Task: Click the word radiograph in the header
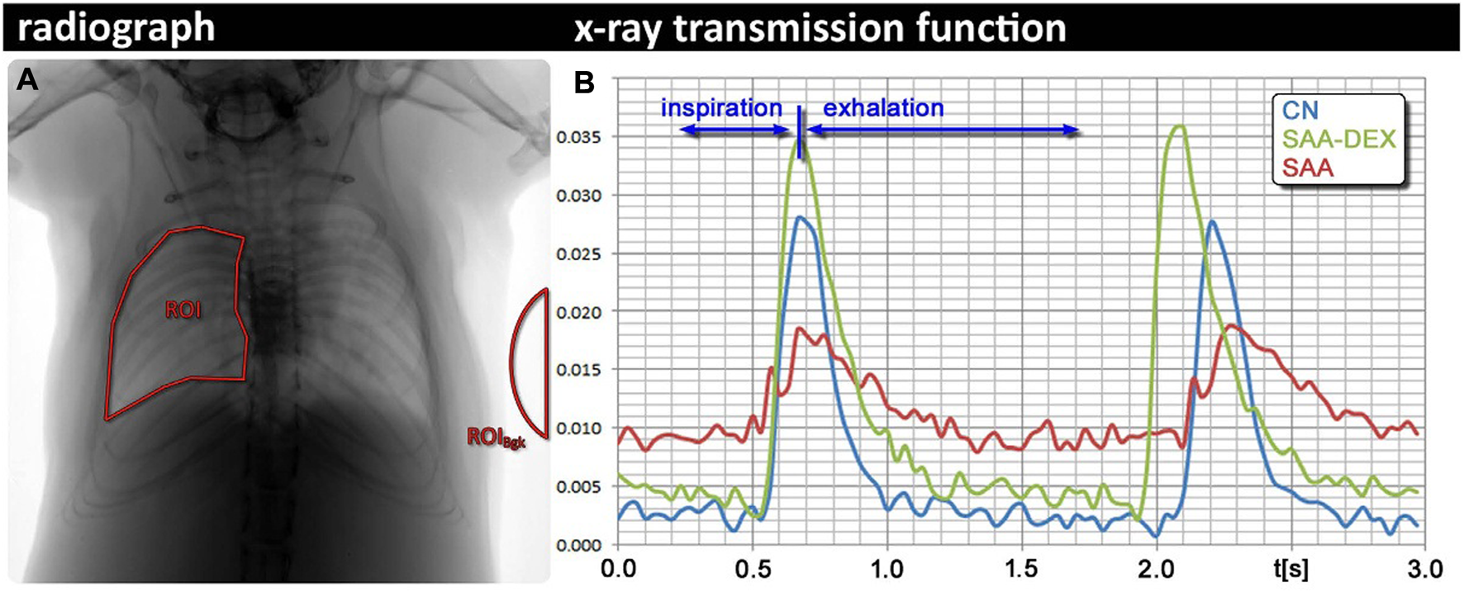click(x=116, y=29)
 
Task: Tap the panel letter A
click(x=27, y=79)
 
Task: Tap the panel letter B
click(x=584, y=83)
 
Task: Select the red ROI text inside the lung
click(x=183, y=310)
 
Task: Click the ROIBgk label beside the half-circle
click(x=496, y=437)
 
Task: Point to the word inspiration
click(x=720, y=108)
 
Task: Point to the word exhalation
click(x=883, y=108)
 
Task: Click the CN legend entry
click(x=1300, y=111)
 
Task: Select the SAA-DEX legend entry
click(x=1338, y=139)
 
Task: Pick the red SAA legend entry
click(x=1308, y=168)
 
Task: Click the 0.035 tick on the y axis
click(x=578, y=137)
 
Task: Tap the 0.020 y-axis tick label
click(x=578, y=312)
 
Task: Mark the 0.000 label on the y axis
click(x=578, y=545)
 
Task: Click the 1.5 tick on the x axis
click(x=1021, y=569)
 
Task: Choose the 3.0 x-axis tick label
click(x=1424, y=569)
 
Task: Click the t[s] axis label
click(x=1290, y=569)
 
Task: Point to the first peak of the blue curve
click(x=799, y=217)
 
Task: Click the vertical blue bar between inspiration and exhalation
click(x=799, y=131)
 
